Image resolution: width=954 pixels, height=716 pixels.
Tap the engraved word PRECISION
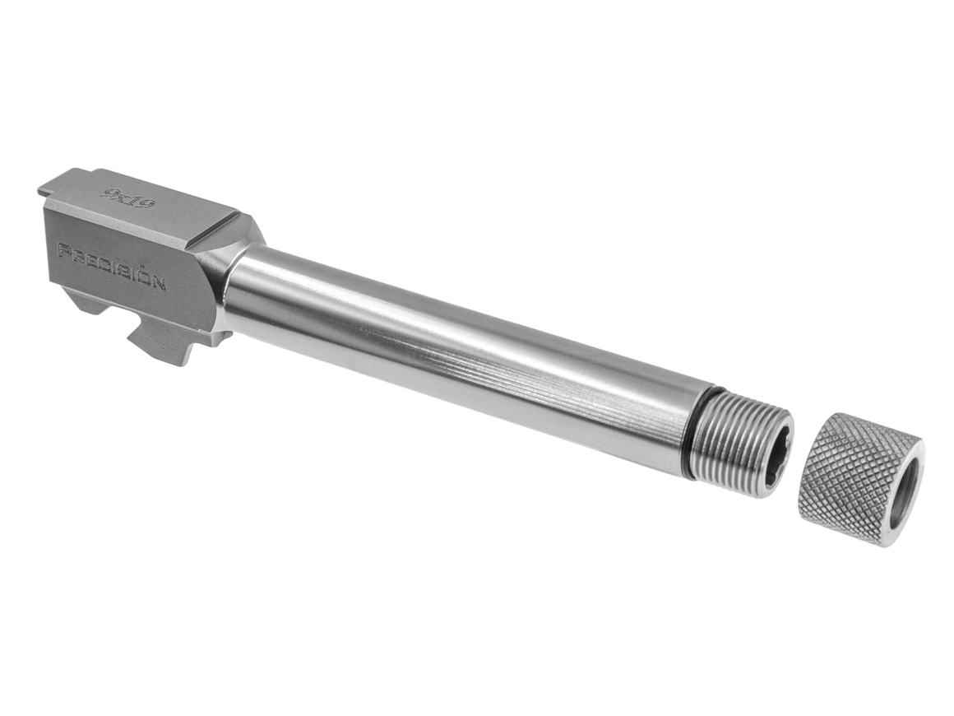[111, 265]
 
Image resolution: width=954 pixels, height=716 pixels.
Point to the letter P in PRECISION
[62, 249]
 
